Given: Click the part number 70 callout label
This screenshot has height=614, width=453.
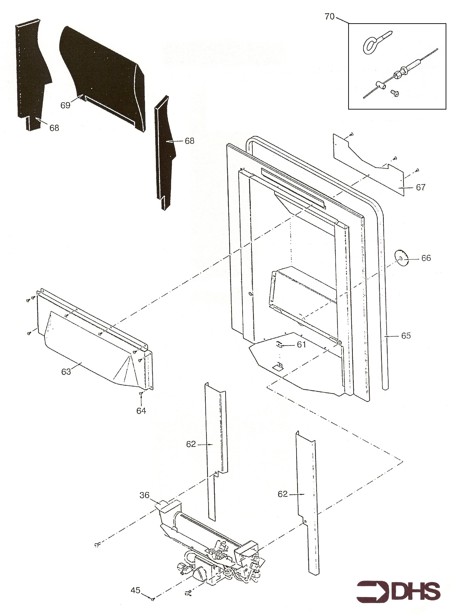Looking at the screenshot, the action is click(x=330, y=17).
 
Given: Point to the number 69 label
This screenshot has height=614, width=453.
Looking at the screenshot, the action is click(x=66, y=105).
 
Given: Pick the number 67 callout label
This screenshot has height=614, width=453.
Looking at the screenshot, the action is click(x=421, y=187).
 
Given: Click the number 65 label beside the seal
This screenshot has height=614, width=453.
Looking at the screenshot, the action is click(x=406, y=336).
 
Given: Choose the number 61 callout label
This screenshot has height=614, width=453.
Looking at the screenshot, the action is click(x=301, y=344).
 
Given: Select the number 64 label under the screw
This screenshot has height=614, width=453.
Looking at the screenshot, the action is click(x=141, y=411).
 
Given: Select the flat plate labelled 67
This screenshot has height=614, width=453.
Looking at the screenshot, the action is click(x=369, y=164).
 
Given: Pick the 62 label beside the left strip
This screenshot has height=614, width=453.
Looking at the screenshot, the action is click(x=191, y=444).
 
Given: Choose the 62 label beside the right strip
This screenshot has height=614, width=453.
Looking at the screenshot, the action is click(x=283, y=494).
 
